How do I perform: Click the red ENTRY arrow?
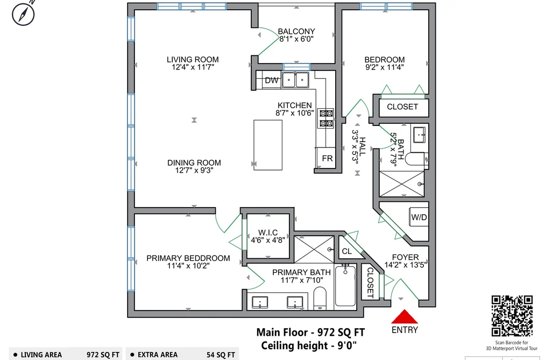pos(404,317)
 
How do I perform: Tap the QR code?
pos(512,316)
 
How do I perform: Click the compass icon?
pos(23,14)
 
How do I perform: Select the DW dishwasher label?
pos(272,80)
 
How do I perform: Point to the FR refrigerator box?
pos(326,158)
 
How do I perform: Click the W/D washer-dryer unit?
pos(419,217)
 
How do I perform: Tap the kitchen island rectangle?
pos(267,145)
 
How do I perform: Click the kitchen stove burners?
pos(326,118)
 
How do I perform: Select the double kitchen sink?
pos(295,80)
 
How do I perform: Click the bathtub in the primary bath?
pos(345,286)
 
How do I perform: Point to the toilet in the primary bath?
pos(320,298)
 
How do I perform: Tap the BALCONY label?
pos(296,31)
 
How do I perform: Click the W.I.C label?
pos(268,232)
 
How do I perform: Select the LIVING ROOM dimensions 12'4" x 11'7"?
pos(193,67)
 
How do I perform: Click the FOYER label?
pos(405,257)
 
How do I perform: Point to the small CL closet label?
pos(347,251)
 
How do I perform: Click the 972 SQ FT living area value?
pos(103,355)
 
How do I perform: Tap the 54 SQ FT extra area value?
pos(221,355)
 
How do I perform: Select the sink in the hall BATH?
pos(420,135)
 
